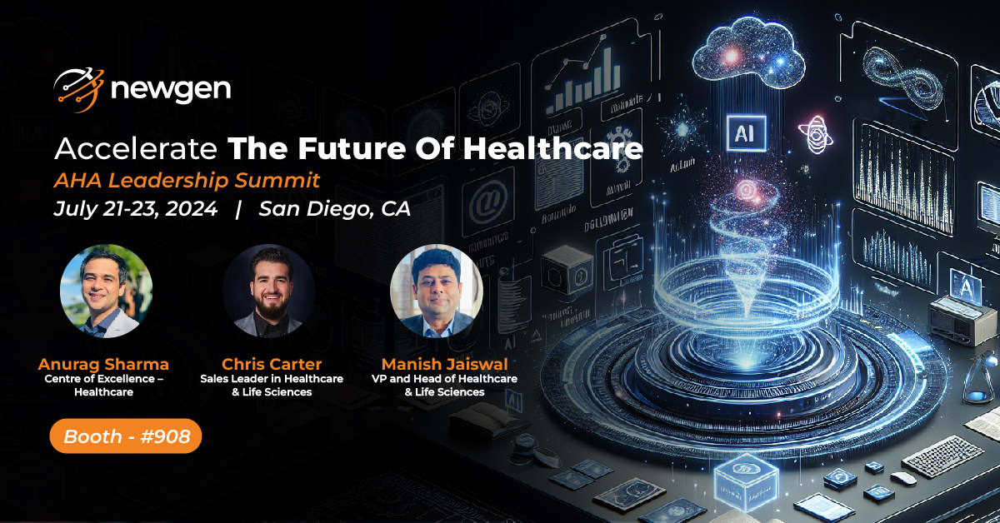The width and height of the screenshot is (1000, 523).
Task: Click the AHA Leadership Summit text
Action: tap(187, 180)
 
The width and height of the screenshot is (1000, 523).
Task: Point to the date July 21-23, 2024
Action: tap(135, 209)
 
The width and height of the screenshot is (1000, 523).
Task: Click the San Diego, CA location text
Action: tap(334, 209)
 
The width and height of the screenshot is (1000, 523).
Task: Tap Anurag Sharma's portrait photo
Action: tap(106, 291)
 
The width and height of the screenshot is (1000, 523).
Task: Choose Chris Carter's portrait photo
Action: tap(267, 291)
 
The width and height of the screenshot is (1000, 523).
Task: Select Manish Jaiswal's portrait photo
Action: tap(437, 291)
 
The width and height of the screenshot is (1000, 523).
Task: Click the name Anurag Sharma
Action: tap(103, 364)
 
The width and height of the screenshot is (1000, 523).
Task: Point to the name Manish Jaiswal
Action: tap(444, 364)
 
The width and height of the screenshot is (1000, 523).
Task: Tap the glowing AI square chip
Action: tap(740, 132)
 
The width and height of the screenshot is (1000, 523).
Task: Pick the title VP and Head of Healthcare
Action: tap(444, 379)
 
